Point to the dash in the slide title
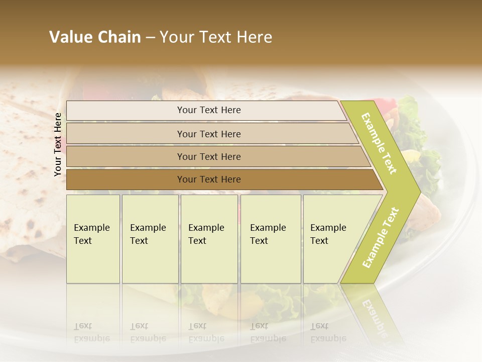[x=150, y=38]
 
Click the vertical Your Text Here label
[x=58, y=144]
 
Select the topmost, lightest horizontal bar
[x=209, y=110]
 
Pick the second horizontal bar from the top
[x=209, y=134]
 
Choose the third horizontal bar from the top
[x=209, y=156]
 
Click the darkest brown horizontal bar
[x=209, y=179]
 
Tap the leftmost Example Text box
[x=93, y=239]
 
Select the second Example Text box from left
[x=150, y=239]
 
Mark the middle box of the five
[x=209, y=239]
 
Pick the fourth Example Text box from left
[x=271, y=239]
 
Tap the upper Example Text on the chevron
[x=380, y=143]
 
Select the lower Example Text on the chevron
[x=380, y=238]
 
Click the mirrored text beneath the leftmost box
[x=92, y=332]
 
